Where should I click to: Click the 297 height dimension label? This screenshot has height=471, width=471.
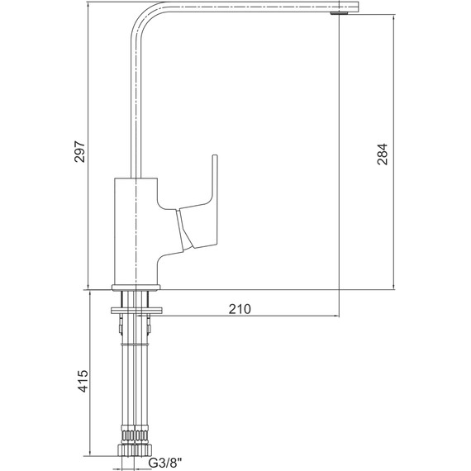[x=80, y=151]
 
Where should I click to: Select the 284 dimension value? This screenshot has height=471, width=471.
[x=383, y=154]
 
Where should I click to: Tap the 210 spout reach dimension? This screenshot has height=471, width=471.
[x=240, y=309]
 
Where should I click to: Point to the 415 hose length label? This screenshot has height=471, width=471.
[x=83, y=381]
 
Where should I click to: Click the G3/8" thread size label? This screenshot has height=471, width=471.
[x=165, y=463]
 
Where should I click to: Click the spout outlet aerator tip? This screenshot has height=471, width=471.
[x=339, y=13]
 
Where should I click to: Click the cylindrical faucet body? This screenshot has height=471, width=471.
[x=136, y=231]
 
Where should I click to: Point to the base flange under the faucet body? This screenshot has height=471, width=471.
[x=136, y=288]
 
